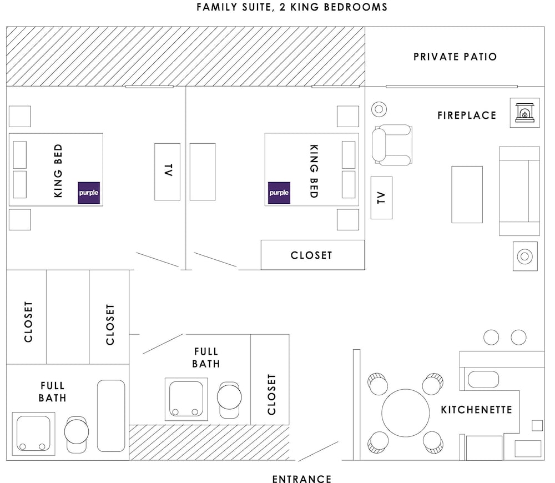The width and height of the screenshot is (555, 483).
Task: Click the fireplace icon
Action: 524,113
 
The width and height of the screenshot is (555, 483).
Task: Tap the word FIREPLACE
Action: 467,115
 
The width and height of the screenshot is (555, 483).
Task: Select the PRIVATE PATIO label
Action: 455,57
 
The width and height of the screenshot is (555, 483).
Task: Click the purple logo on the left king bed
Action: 89,193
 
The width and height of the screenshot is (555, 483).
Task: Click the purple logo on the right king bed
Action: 279,193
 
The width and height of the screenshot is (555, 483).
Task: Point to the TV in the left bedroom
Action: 168,172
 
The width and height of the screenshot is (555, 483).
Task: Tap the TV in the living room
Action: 382,198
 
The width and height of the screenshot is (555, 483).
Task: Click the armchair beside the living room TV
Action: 392,145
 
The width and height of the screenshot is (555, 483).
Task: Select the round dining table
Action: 406,413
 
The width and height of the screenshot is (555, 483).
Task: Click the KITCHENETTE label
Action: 476,410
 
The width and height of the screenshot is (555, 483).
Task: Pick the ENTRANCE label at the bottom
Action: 302,479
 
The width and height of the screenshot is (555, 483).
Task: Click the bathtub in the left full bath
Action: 111,416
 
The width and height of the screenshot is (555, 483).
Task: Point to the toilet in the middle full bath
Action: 229,399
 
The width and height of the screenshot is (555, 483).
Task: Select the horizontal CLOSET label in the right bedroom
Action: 311,255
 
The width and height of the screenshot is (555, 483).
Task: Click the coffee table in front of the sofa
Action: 467,194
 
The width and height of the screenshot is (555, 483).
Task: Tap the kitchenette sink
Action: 483,379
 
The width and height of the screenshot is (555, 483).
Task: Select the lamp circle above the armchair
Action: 379,109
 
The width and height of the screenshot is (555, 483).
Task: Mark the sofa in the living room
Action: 519,191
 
